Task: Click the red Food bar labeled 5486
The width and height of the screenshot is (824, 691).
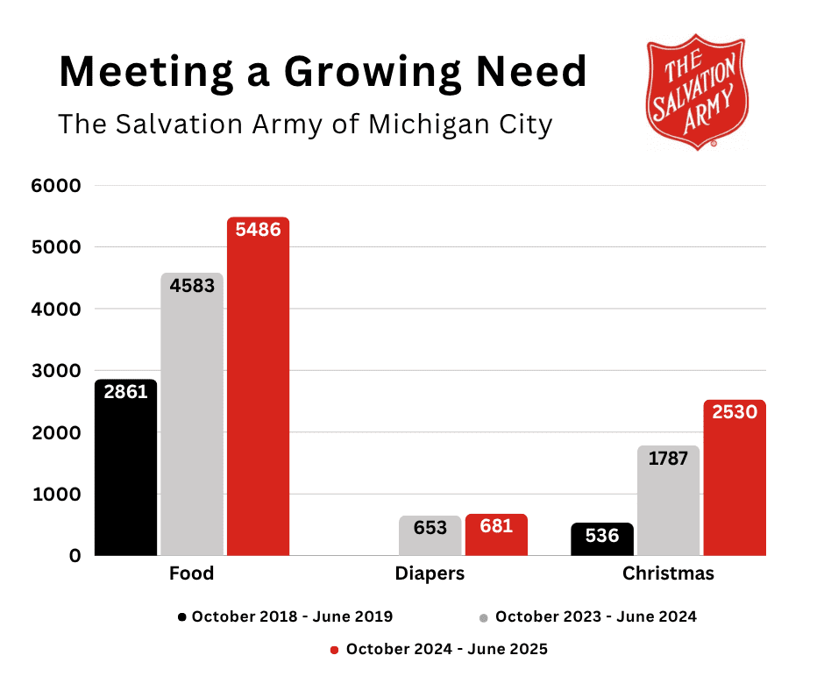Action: point(258,386)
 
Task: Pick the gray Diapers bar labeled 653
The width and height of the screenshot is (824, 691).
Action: point(430,535)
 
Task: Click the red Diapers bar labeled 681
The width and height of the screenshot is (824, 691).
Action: point(496,534)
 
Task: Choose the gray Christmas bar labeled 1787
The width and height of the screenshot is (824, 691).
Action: point(669,500)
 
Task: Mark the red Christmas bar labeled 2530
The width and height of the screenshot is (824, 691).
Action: point(735,477)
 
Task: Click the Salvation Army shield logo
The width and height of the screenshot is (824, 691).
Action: point(697,91)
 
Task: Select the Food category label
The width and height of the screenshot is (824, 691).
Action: point(191,574)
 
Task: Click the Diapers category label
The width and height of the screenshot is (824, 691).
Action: point(430,574)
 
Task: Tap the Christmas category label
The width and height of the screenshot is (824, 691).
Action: point(668,574)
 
